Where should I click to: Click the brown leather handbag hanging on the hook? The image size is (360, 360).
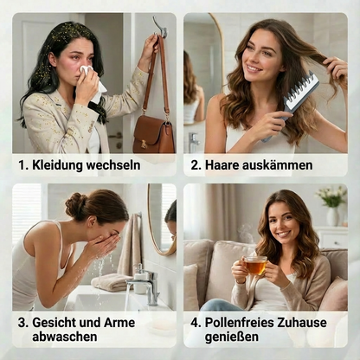pos(153,132)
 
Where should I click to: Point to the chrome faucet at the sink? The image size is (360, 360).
pos(144,286)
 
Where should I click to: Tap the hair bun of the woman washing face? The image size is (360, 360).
pos(75,206)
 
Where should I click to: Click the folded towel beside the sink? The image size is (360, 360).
pos(111,281)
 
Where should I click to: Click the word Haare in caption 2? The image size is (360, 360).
pos(226,164)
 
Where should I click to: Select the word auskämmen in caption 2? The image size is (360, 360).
pos(280,164)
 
